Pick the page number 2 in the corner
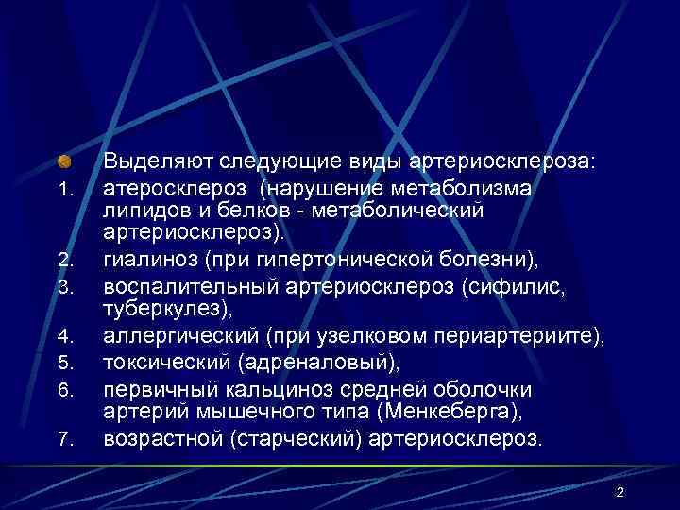pos(620,492)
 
